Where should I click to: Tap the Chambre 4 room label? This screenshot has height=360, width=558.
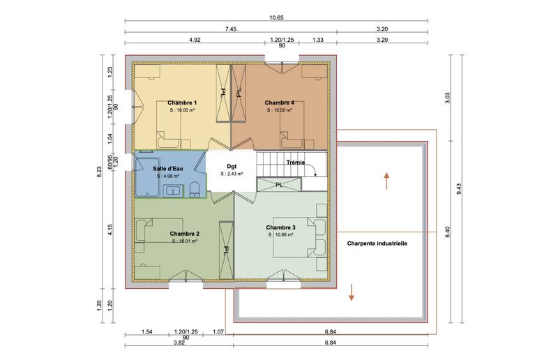[279, 103]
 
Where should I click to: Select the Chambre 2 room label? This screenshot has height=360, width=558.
[185, 234]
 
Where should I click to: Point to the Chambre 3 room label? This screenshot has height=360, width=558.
[280, 227]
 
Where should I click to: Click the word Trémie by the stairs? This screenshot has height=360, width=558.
[296, 162]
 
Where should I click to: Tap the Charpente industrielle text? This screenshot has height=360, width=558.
[377, 243]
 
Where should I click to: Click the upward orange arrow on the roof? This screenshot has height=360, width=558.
[386, 181]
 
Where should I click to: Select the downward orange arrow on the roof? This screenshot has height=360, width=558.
[352, 292]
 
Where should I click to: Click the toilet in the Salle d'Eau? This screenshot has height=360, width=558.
[196, 188]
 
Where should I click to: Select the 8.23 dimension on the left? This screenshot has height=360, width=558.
[99, 172]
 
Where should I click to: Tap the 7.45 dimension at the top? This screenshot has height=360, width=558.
[230, 29]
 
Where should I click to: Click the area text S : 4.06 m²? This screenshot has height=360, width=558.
[168, 177]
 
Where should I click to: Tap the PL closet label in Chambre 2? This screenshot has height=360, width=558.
[226, 249]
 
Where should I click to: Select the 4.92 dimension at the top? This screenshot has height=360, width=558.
[195, 40]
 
